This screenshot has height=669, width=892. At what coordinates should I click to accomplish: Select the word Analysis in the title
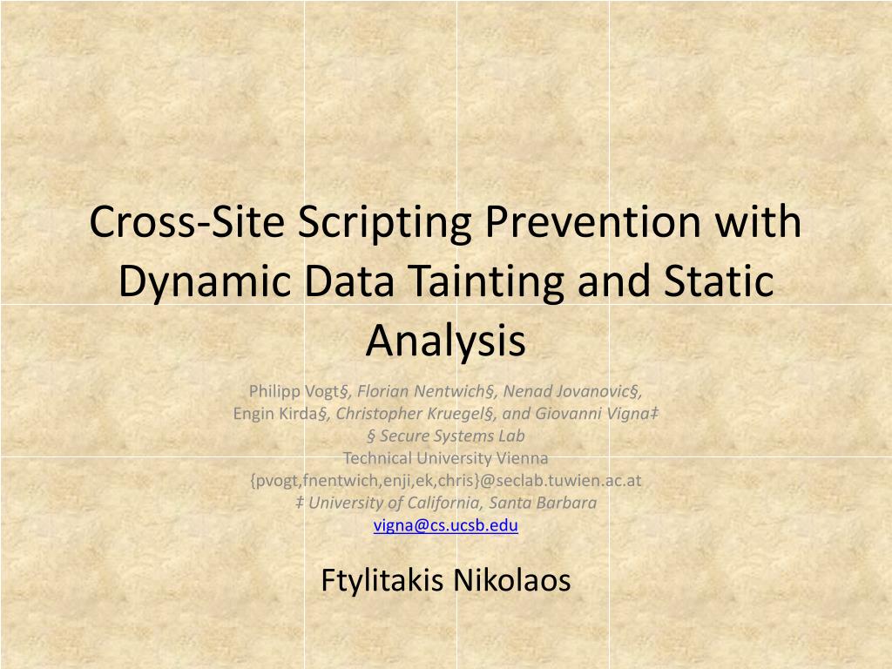(x=446, y=341)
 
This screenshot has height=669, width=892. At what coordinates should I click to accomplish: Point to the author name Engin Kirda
(x=275, y=413)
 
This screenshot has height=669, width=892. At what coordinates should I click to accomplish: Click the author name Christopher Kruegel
(x=409, y=413)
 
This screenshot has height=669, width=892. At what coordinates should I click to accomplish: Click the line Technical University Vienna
(x=446, y=457)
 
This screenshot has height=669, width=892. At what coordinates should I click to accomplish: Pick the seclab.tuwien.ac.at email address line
(x=446, y=480)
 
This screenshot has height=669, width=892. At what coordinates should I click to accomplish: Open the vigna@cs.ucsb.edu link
(x=446, y=525)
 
